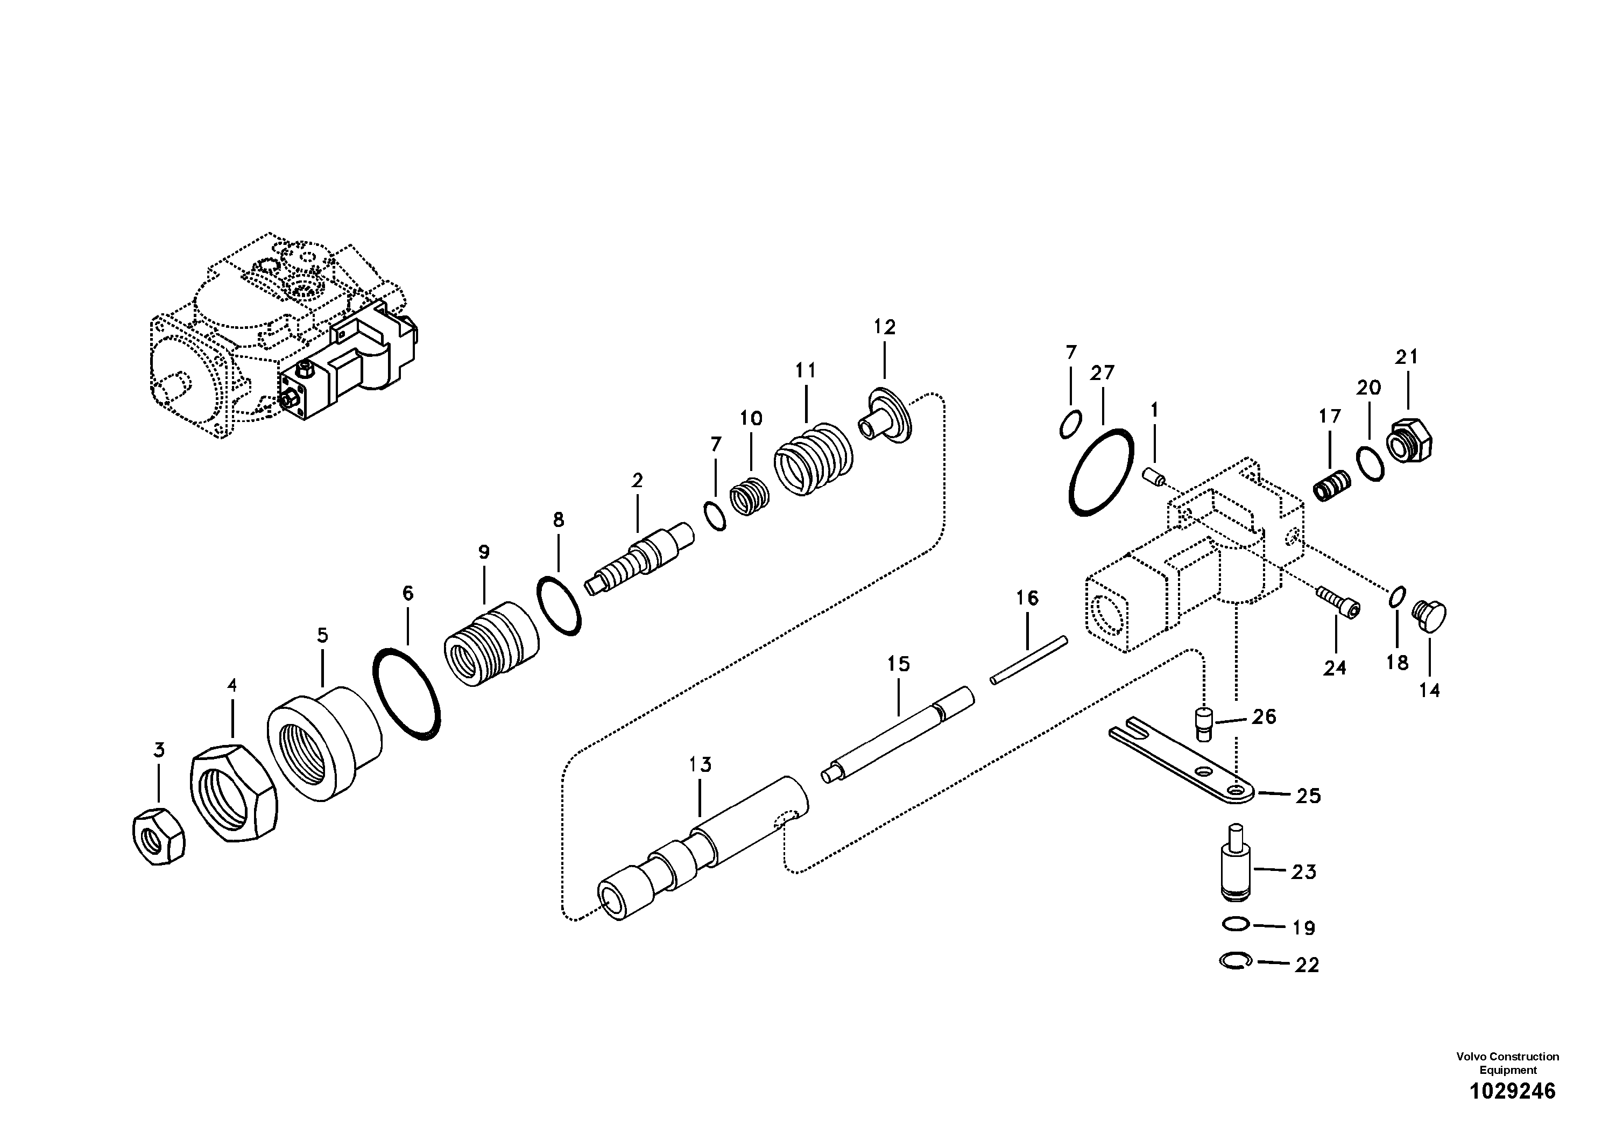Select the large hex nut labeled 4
tap(234, 793)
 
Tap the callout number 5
tap(322, 635)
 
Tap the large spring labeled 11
tap(814, 459)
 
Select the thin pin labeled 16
tap(1028, 659)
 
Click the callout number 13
tap(700, 765)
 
